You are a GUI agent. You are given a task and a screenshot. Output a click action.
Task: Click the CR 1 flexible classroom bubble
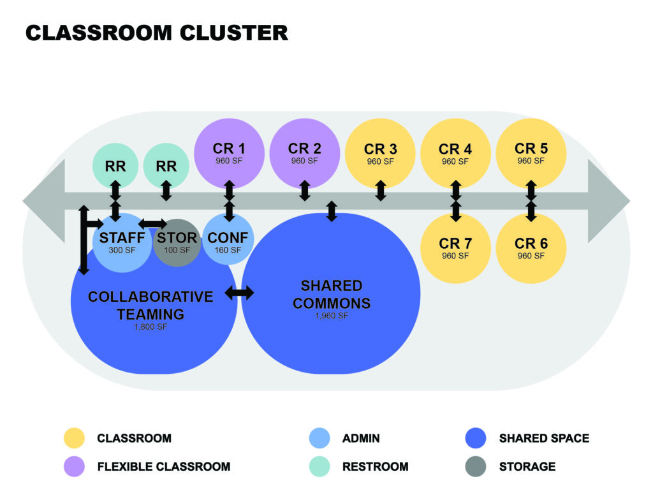[228, 153]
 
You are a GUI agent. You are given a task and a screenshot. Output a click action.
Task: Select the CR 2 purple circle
[304, 153]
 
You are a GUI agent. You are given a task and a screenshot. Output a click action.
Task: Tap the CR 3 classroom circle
[380, 153]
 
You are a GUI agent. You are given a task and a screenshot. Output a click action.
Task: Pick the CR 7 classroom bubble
[455, 247]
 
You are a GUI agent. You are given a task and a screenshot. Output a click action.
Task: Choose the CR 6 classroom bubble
[531, 247]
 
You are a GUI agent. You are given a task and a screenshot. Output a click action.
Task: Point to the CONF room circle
[228, 241]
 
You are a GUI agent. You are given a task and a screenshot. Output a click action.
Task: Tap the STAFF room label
[122, 238]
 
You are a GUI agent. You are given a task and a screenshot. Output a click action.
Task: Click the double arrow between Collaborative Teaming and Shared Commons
[239, 293]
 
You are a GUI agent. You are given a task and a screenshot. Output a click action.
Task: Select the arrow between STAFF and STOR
[152, 223]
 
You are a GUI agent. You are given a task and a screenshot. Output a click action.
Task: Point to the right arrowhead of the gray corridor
[608, 201]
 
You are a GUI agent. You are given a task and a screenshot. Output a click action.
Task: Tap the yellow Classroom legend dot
[74, 438]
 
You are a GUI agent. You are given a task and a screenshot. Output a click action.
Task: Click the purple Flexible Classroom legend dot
[74, 466]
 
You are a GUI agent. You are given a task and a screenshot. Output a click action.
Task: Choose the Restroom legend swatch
[319, 466]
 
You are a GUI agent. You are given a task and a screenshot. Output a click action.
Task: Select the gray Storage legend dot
[476, 466]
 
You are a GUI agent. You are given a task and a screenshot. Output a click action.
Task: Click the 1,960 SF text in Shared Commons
[331, 315]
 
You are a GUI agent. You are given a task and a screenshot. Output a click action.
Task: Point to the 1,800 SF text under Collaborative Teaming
[150, 327]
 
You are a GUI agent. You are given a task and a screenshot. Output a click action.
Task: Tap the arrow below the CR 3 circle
[381, 191]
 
